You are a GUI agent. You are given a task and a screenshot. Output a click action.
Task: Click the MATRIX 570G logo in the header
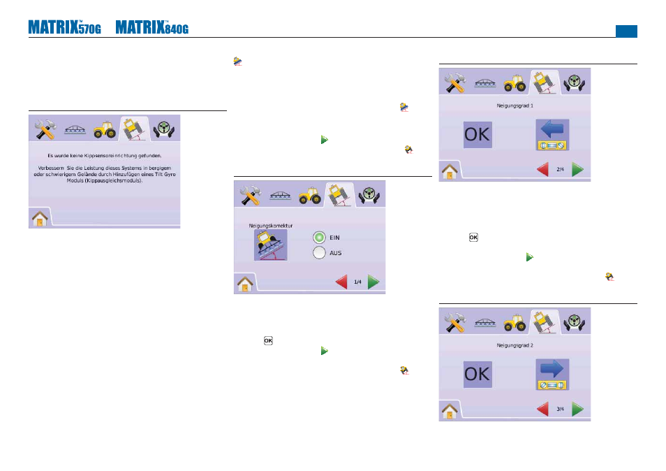click(64, 27)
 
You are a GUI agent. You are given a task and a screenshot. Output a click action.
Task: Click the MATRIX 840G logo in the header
click(152, 27)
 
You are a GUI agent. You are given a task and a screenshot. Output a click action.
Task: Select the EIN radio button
click(320, 238)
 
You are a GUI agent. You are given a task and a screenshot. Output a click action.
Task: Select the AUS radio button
click(320, 253)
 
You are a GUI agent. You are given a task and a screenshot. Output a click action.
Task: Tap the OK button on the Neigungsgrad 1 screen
click(478, 135)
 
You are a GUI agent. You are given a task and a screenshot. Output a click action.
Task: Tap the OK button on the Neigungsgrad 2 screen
click(478, 375)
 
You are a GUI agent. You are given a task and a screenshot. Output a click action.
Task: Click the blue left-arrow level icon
click(552, 135)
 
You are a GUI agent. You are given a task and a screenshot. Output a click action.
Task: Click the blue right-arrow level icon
click(552, 375)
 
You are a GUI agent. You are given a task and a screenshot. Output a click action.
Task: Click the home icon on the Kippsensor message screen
click(40, 219)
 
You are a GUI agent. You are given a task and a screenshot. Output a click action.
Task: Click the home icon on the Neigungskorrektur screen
click(245, 284)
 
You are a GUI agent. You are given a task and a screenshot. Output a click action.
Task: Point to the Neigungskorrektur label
click(271, 226)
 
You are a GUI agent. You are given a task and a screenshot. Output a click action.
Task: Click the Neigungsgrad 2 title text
click(515, 346)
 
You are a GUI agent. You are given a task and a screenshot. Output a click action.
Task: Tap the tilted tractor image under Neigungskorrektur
click(271, 245)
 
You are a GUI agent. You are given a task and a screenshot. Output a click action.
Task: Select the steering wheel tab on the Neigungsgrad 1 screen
click(575, 82)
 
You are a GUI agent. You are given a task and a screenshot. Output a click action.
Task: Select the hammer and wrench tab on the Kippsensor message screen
click(45, 129)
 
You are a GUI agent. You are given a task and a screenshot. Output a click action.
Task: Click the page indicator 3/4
click(561, 410)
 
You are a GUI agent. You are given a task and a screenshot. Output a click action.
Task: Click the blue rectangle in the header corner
click(626, 31)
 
